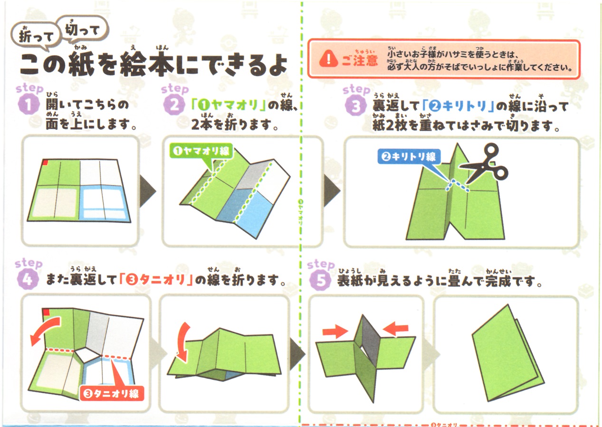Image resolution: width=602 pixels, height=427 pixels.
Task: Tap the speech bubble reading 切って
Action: coord(83,29)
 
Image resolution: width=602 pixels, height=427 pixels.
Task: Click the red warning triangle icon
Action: coord(328,59)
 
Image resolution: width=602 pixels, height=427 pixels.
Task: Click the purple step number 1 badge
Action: coord(29,105)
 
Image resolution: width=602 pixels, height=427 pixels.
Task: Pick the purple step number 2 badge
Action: coord(174,105)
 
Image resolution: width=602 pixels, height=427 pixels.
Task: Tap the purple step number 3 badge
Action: coord(355,105)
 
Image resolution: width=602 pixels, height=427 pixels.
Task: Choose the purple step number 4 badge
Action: coord(28,279)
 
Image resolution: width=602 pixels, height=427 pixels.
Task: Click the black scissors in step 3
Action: coord(484,164)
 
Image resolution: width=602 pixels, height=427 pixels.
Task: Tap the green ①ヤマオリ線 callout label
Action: coord(201,152)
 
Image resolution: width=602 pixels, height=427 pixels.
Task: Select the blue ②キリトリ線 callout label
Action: coord(409,156)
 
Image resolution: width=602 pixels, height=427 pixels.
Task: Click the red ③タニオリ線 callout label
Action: coord(112,394)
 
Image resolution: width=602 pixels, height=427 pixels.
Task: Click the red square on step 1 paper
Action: coord(45,162)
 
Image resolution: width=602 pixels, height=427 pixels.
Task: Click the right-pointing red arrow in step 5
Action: coord(335,332)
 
